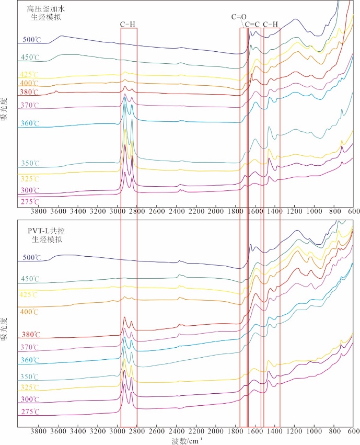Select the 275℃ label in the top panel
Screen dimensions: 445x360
click(x=30, y=202)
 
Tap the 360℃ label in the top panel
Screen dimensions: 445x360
click(x=30, y=123)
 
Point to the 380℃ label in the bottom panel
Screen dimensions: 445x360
click(x=30, y=335)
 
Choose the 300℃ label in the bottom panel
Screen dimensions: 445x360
click(x=30, y=400)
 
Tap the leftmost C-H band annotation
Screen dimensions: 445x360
click(x=129, y=24)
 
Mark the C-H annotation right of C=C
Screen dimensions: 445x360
click(x=272, y=24)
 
